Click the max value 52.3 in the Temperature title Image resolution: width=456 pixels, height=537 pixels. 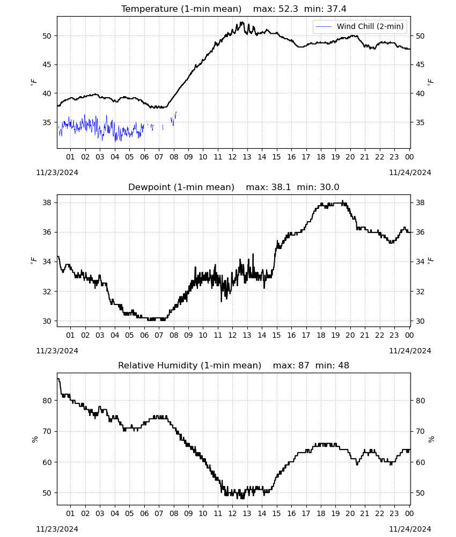click(288, 9)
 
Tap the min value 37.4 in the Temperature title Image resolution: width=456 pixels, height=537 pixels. click(336, 9)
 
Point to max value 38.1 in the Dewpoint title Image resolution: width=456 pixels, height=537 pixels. click(281, 187)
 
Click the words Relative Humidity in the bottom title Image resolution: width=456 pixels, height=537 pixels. click(158, 365)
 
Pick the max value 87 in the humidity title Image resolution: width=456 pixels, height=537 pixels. click(304, 365)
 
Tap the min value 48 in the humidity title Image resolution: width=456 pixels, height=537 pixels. click(344, 365)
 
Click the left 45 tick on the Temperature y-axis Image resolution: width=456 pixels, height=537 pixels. click(47, 65)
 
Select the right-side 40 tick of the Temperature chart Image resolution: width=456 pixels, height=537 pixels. click(421, 93)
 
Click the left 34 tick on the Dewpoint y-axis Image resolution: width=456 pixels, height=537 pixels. click(47, 262)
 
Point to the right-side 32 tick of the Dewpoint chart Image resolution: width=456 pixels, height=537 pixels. click(421, 292)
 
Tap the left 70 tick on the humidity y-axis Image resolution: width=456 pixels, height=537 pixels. click(47, 432)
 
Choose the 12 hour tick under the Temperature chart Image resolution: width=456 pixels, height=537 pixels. click(233, 157)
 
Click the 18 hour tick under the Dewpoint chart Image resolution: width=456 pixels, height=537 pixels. click(321, 335)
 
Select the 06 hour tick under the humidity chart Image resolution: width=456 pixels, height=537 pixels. click(144, 513)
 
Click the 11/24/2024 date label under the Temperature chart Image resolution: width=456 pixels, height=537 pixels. click(410, 172)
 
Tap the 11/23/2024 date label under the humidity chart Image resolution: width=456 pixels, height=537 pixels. click(57, 529)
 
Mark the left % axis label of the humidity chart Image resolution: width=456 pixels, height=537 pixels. click(34, 439)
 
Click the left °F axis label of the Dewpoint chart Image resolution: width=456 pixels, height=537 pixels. click(33, 260)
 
